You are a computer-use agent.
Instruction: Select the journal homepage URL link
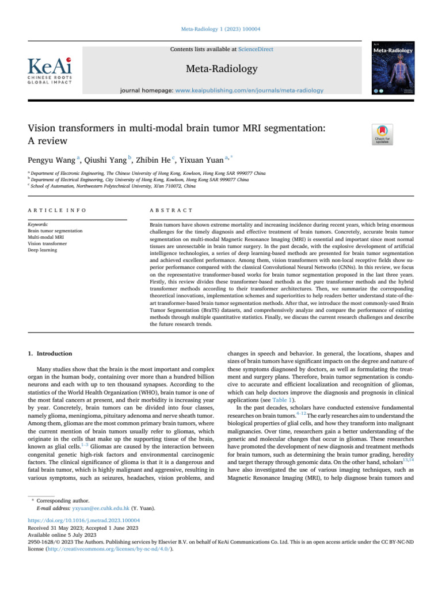(x=249, y=90)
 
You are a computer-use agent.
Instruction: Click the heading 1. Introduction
(x=49, y=353)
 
